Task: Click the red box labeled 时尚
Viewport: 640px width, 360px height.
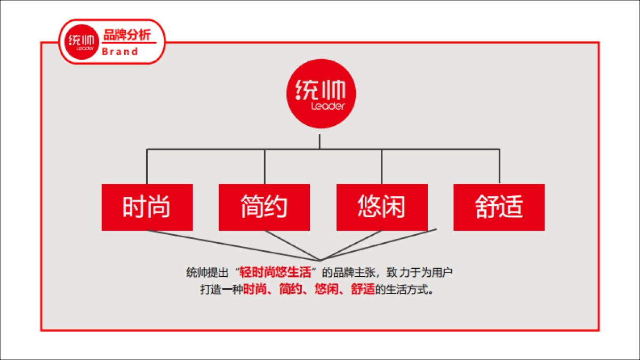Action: click(x=147, y=207)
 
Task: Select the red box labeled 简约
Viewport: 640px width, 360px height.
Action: click(x=264, y=207)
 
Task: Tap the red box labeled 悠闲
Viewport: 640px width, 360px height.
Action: click(x=382, y=207)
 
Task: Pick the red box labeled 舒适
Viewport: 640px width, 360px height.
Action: click(x=499, y=207)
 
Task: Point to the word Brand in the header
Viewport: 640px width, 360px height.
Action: click(x=120, y=52)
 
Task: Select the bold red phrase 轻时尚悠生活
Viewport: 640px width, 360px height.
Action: click(x=275, y=273)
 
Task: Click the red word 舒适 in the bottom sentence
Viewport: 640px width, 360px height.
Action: click(x=363, y=291)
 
